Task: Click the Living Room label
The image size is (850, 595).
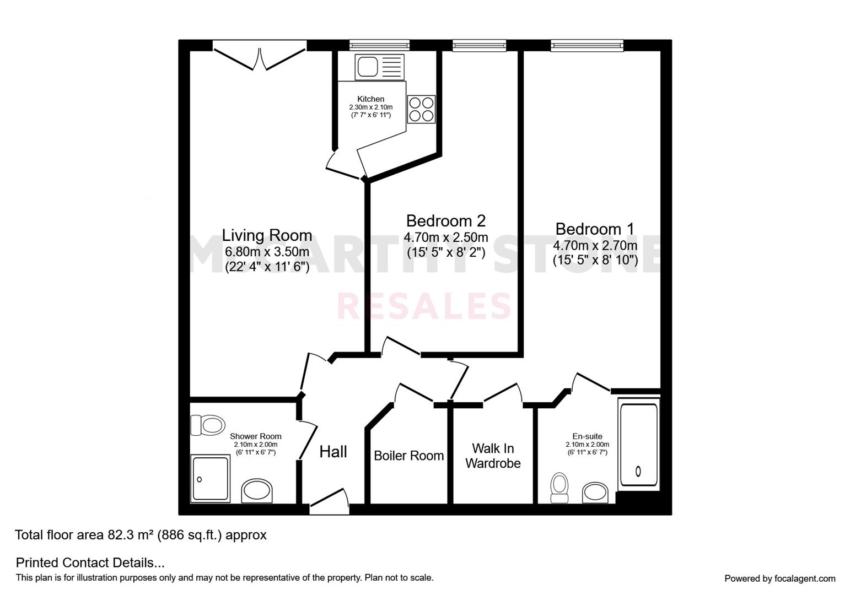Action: click(x=267, y=235)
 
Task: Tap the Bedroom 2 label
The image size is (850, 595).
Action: click(x=446, y=221)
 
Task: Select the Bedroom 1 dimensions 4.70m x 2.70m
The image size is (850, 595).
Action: click(x=595, y=246)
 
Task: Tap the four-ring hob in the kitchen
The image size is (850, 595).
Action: click(x=421, y=109)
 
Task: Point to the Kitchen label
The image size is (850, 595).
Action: click(x=371, y=99)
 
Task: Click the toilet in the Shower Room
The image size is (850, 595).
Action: click(x=207, y=425)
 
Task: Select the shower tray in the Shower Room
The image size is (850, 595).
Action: click(x=211, y=479)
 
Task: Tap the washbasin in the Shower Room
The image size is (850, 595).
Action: click(x=257, y=491)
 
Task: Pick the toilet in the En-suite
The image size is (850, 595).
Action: click(x=560, y=488)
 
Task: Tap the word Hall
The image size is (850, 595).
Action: click(x=333, y=452)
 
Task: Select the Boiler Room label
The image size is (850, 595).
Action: click(x=408, y=456)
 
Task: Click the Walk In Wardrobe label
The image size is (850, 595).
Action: click(x=493, y=456)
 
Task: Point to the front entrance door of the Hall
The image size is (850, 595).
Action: click(x=329, y=501)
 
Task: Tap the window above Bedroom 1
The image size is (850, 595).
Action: click(x=587, y=46)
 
